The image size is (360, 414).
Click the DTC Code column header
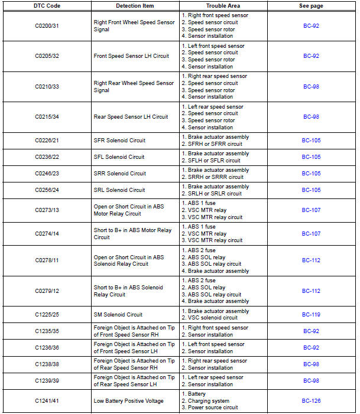pos(47,6)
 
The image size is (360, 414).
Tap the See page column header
pos(311,6)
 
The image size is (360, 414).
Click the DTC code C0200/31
pos(47,25)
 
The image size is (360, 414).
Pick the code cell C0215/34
pos(47,117)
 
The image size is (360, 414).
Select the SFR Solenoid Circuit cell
pos(119,141)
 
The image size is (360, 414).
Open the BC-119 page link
pos(311,315)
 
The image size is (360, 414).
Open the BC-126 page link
pos(311,401)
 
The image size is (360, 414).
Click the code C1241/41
pos(47,401)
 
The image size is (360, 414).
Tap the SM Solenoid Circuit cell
pos(118,315)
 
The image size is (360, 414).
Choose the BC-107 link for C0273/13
pos(311,210)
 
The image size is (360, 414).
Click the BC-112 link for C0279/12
pos(311,291)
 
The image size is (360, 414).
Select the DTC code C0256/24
pos(47,190)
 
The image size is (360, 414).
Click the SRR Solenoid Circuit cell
pos(120,174)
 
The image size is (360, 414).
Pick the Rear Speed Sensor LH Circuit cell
pos(131,117)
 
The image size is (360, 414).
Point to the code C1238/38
pos(47,364)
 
